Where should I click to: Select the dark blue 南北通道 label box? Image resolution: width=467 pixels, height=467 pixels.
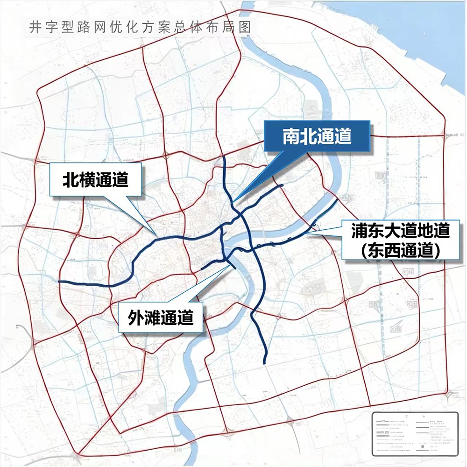(317, 136)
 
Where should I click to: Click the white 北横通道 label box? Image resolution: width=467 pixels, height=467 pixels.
(96, 179)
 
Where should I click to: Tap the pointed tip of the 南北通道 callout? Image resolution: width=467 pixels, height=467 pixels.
(234, 201)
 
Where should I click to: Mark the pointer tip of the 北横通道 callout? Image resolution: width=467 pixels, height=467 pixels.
(156, 233)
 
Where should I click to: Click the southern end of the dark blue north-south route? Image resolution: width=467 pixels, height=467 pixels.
(265, 363)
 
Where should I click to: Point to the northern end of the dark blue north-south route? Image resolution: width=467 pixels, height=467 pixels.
(225, 158)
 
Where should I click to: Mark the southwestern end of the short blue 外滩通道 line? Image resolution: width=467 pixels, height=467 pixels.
(202, 269)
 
